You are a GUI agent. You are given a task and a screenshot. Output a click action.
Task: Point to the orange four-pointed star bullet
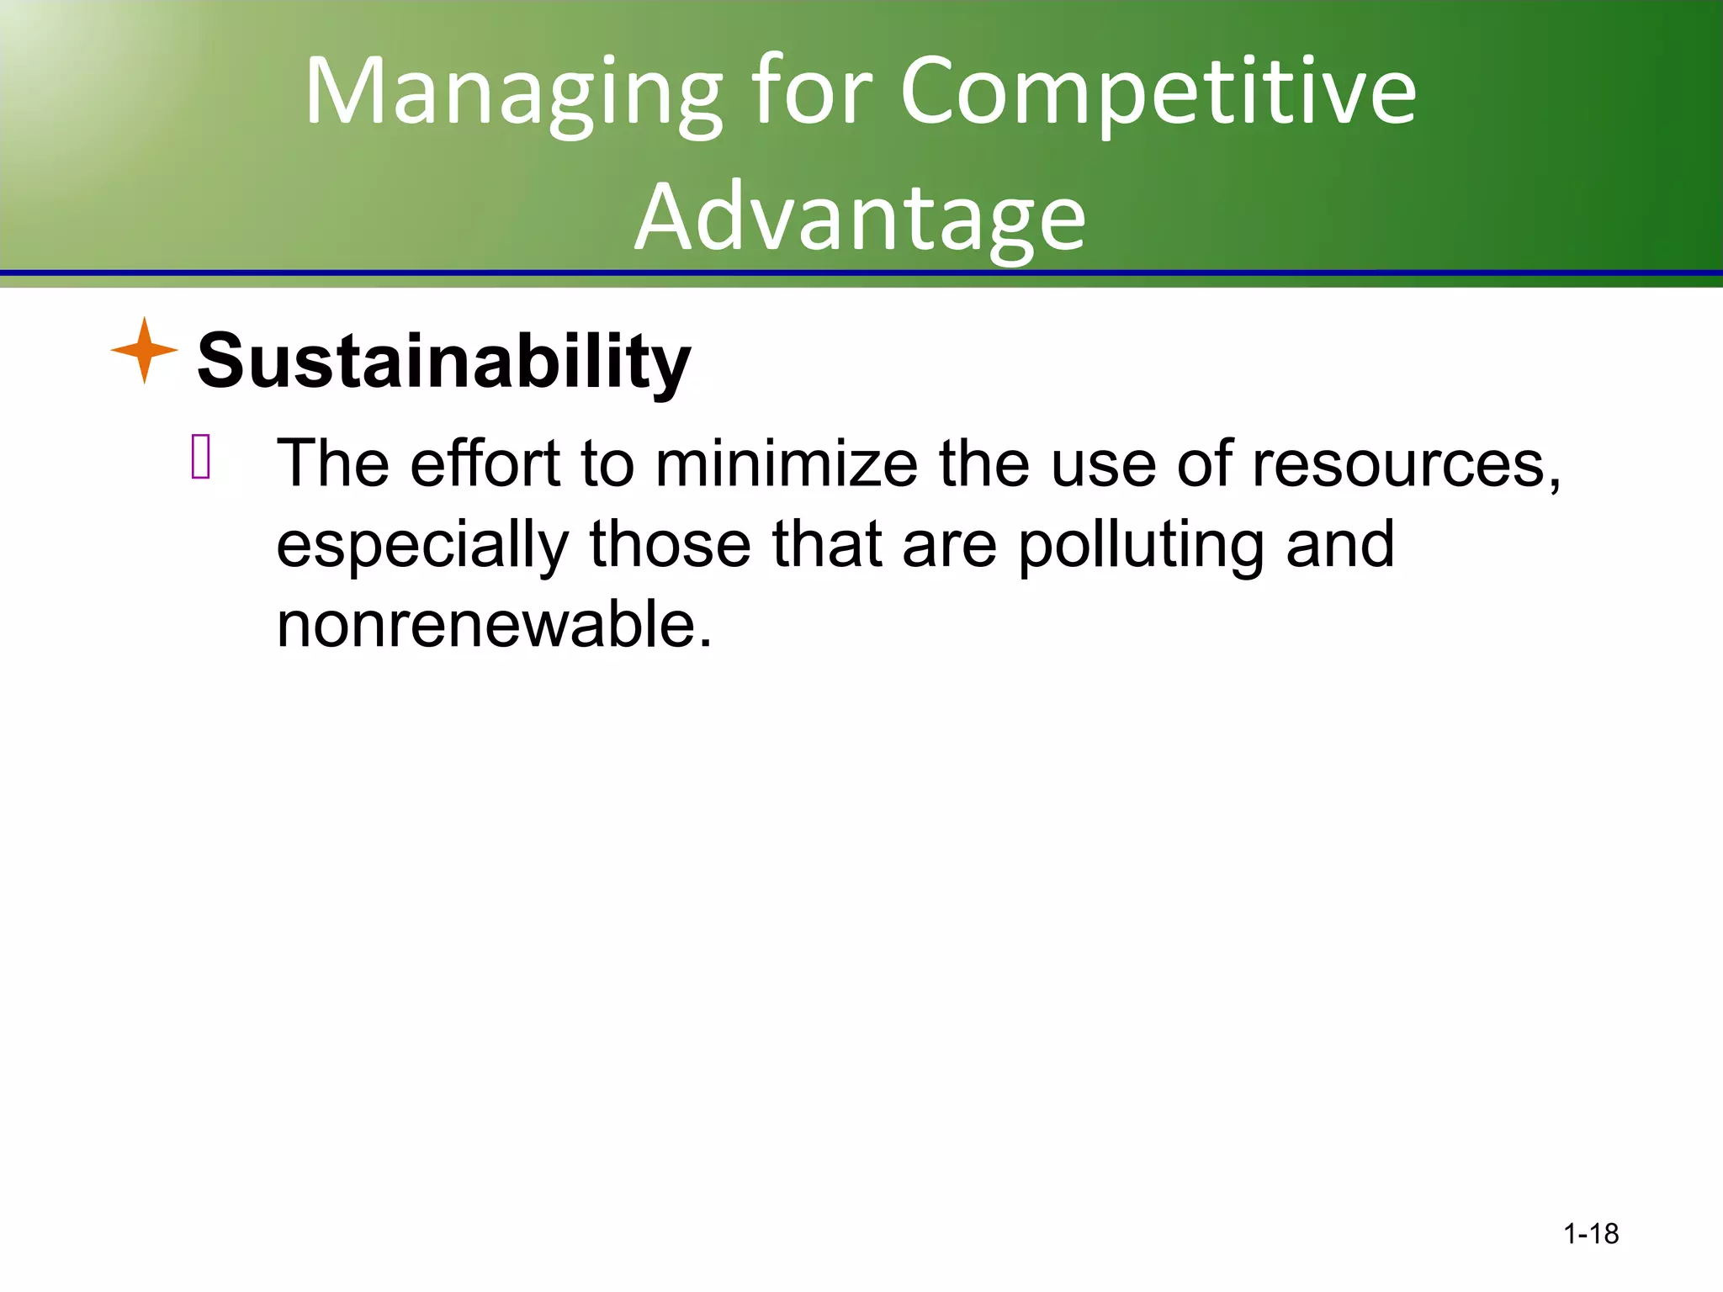pos(145,351)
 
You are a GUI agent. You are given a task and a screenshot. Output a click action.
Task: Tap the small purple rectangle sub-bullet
pos(201,458)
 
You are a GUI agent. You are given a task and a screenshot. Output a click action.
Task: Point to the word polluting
pos(1141,544)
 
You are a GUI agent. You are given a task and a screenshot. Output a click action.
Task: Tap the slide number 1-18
pos(1590,1234)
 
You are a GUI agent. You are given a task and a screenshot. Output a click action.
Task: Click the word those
pos(670,544)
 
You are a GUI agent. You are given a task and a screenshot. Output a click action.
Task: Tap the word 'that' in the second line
pos(827,544)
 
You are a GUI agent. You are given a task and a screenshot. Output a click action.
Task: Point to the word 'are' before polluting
pos(949,546)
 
